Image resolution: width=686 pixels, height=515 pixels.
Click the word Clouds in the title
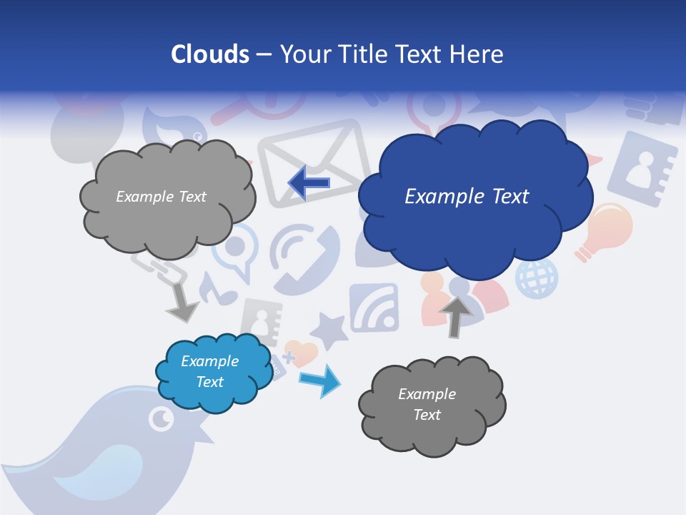pyautogui.click(x=209, y=54)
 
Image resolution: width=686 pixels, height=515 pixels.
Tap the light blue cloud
pyautogui.click(x=212, y=372)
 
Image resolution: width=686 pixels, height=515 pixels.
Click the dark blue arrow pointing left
pyautogui.click(x=309, y=183)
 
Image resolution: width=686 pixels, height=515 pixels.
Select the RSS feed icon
pyautogui.click(x=374, y=308)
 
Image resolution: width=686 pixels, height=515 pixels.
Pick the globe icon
pyautogui.click(x=537, y=278)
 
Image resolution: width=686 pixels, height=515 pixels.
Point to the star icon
pyautogui.click(x=329, y=330)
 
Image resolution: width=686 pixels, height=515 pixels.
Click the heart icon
pyautogui.click(x=302, y=353)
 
